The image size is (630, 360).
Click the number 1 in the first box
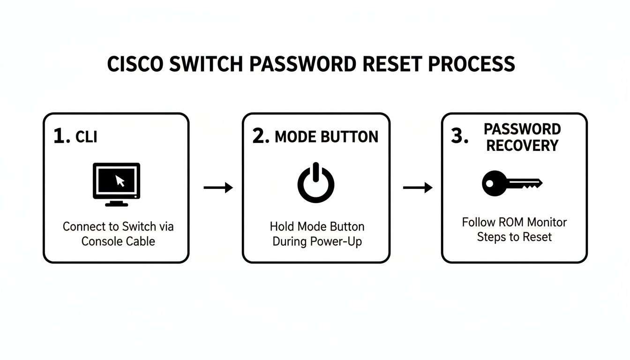tap(59, 136)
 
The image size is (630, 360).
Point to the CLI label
tap(86, 137)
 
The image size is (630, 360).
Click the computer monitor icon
tap(116, 184)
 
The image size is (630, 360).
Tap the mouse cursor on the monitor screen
tap(120, 180)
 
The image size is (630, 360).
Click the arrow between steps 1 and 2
tap(218, 188)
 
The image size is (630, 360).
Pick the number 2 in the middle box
tap(259, 136)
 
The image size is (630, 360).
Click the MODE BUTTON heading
tap(326, 137)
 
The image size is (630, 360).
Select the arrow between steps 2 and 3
tap(418, 188)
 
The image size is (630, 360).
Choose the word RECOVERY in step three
tap(522, 145)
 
